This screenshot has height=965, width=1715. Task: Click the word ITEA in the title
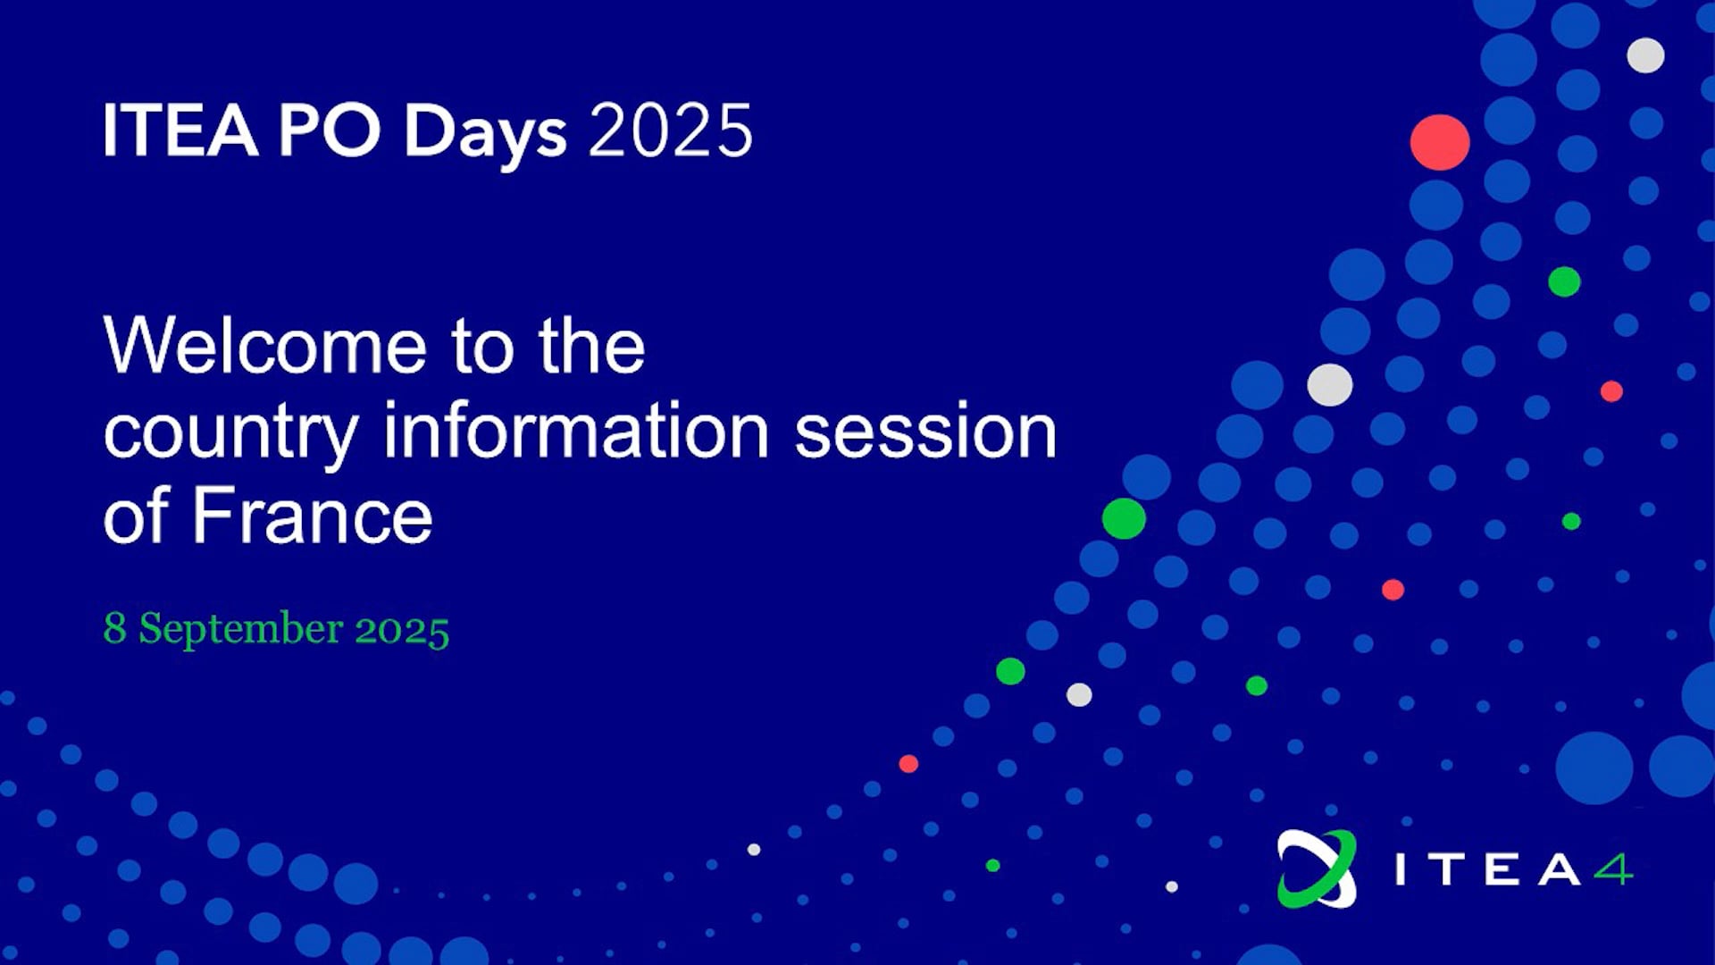click(x=180, y=130)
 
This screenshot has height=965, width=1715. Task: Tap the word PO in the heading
click(x=330, y=130)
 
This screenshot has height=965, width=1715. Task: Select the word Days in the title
click(x=486, y=135)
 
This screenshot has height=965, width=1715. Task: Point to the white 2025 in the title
click(x=671, y=130)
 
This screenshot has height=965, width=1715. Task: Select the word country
click(x=231, y=436)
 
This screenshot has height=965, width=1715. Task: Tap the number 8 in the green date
click(x=114, y=627)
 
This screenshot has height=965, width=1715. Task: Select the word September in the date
click(x=241, y=630)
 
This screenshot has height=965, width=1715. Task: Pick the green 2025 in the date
click(x=402, y=629)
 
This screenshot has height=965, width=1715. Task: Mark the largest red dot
click(x=1440, y=142)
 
